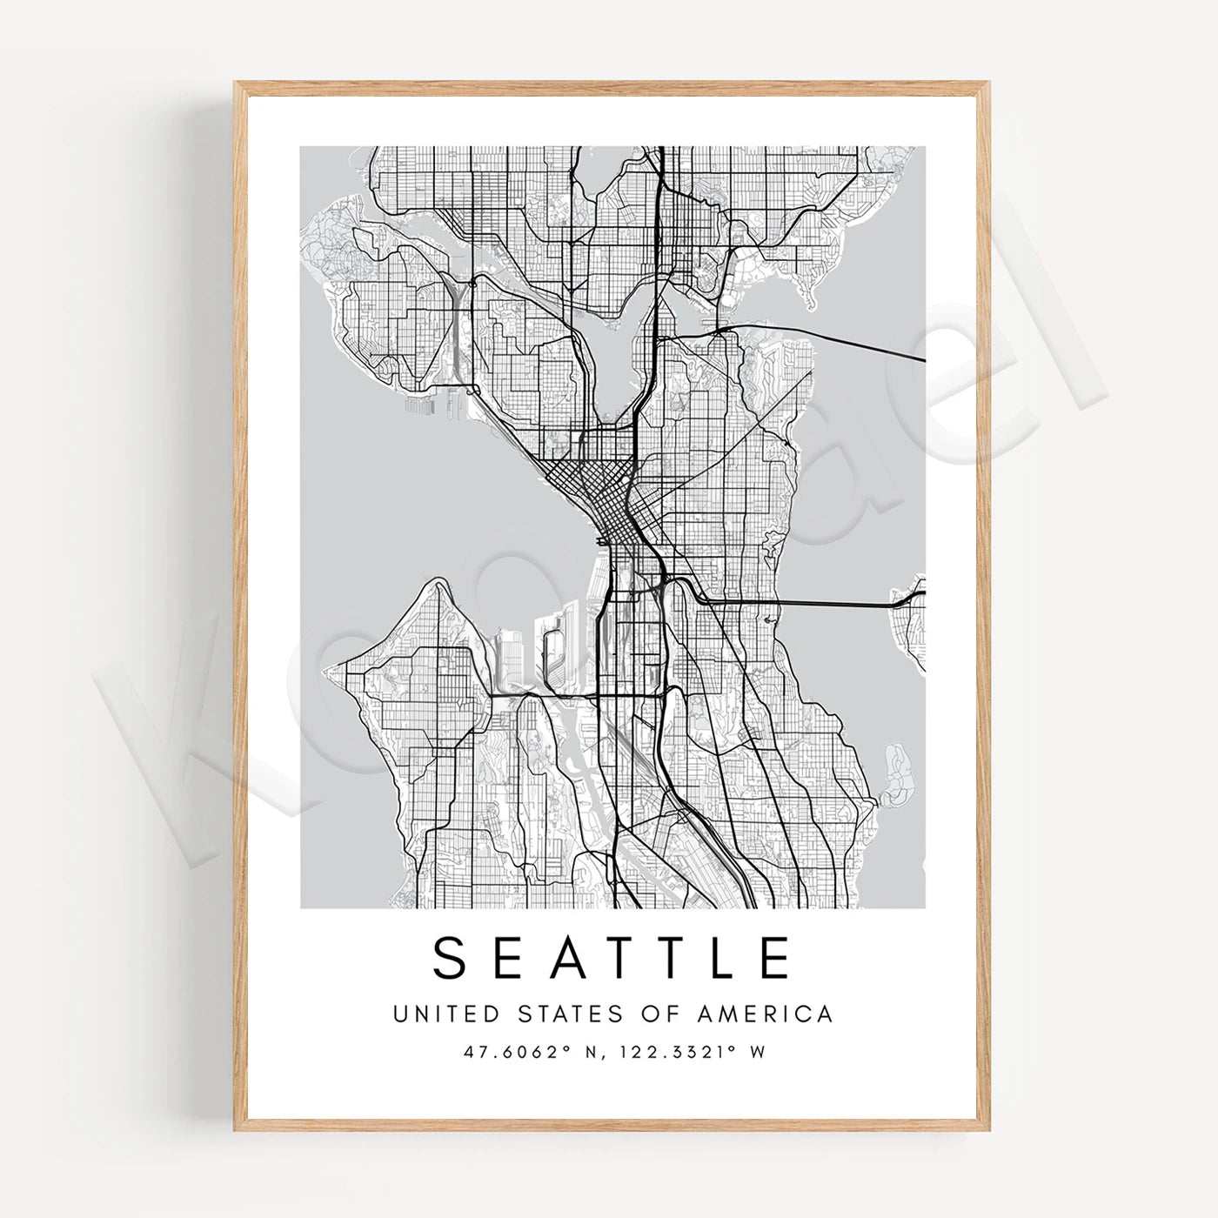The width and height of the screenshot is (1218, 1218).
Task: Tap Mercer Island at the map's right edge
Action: point(909,626)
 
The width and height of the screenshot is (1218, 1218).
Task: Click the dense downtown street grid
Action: point(592,487)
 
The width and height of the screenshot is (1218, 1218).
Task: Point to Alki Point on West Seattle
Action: point(331,671)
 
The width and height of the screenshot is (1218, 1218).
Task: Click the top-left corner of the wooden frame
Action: point(238,85)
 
